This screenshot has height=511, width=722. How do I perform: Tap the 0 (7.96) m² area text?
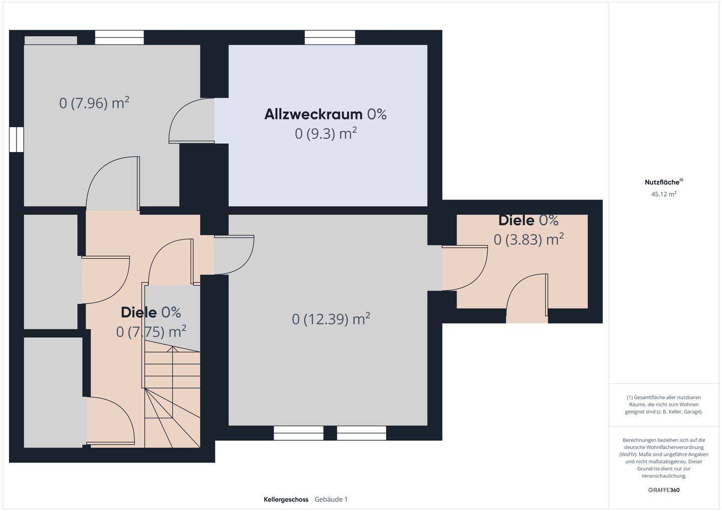click(94, 103)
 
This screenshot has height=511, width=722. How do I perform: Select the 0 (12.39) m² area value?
click(331, 319)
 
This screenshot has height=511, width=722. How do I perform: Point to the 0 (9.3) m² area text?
click(326, 134)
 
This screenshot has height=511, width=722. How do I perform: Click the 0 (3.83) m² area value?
click(528, 239)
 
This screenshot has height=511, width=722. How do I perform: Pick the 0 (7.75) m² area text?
click(151, 332)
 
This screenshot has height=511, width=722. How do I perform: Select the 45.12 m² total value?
click(663, 194)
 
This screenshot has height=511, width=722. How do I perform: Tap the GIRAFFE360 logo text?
click(663, 490)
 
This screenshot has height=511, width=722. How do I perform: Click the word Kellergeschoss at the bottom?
click(286, 499)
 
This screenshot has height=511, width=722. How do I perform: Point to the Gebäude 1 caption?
click(331, 499)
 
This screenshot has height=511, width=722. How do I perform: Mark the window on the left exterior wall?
click(17, 139)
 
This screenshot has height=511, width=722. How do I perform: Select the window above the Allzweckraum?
click(329, 38)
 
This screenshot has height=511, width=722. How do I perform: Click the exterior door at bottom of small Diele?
click(526, 301)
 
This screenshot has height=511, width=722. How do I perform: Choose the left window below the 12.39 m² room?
click(298, 433)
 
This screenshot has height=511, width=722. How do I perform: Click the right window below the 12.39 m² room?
click(362, 433)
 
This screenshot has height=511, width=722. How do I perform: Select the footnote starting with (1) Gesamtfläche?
click(663, 404)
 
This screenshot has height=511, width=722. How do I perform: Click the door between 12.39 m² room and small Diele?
click(464, 269)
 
